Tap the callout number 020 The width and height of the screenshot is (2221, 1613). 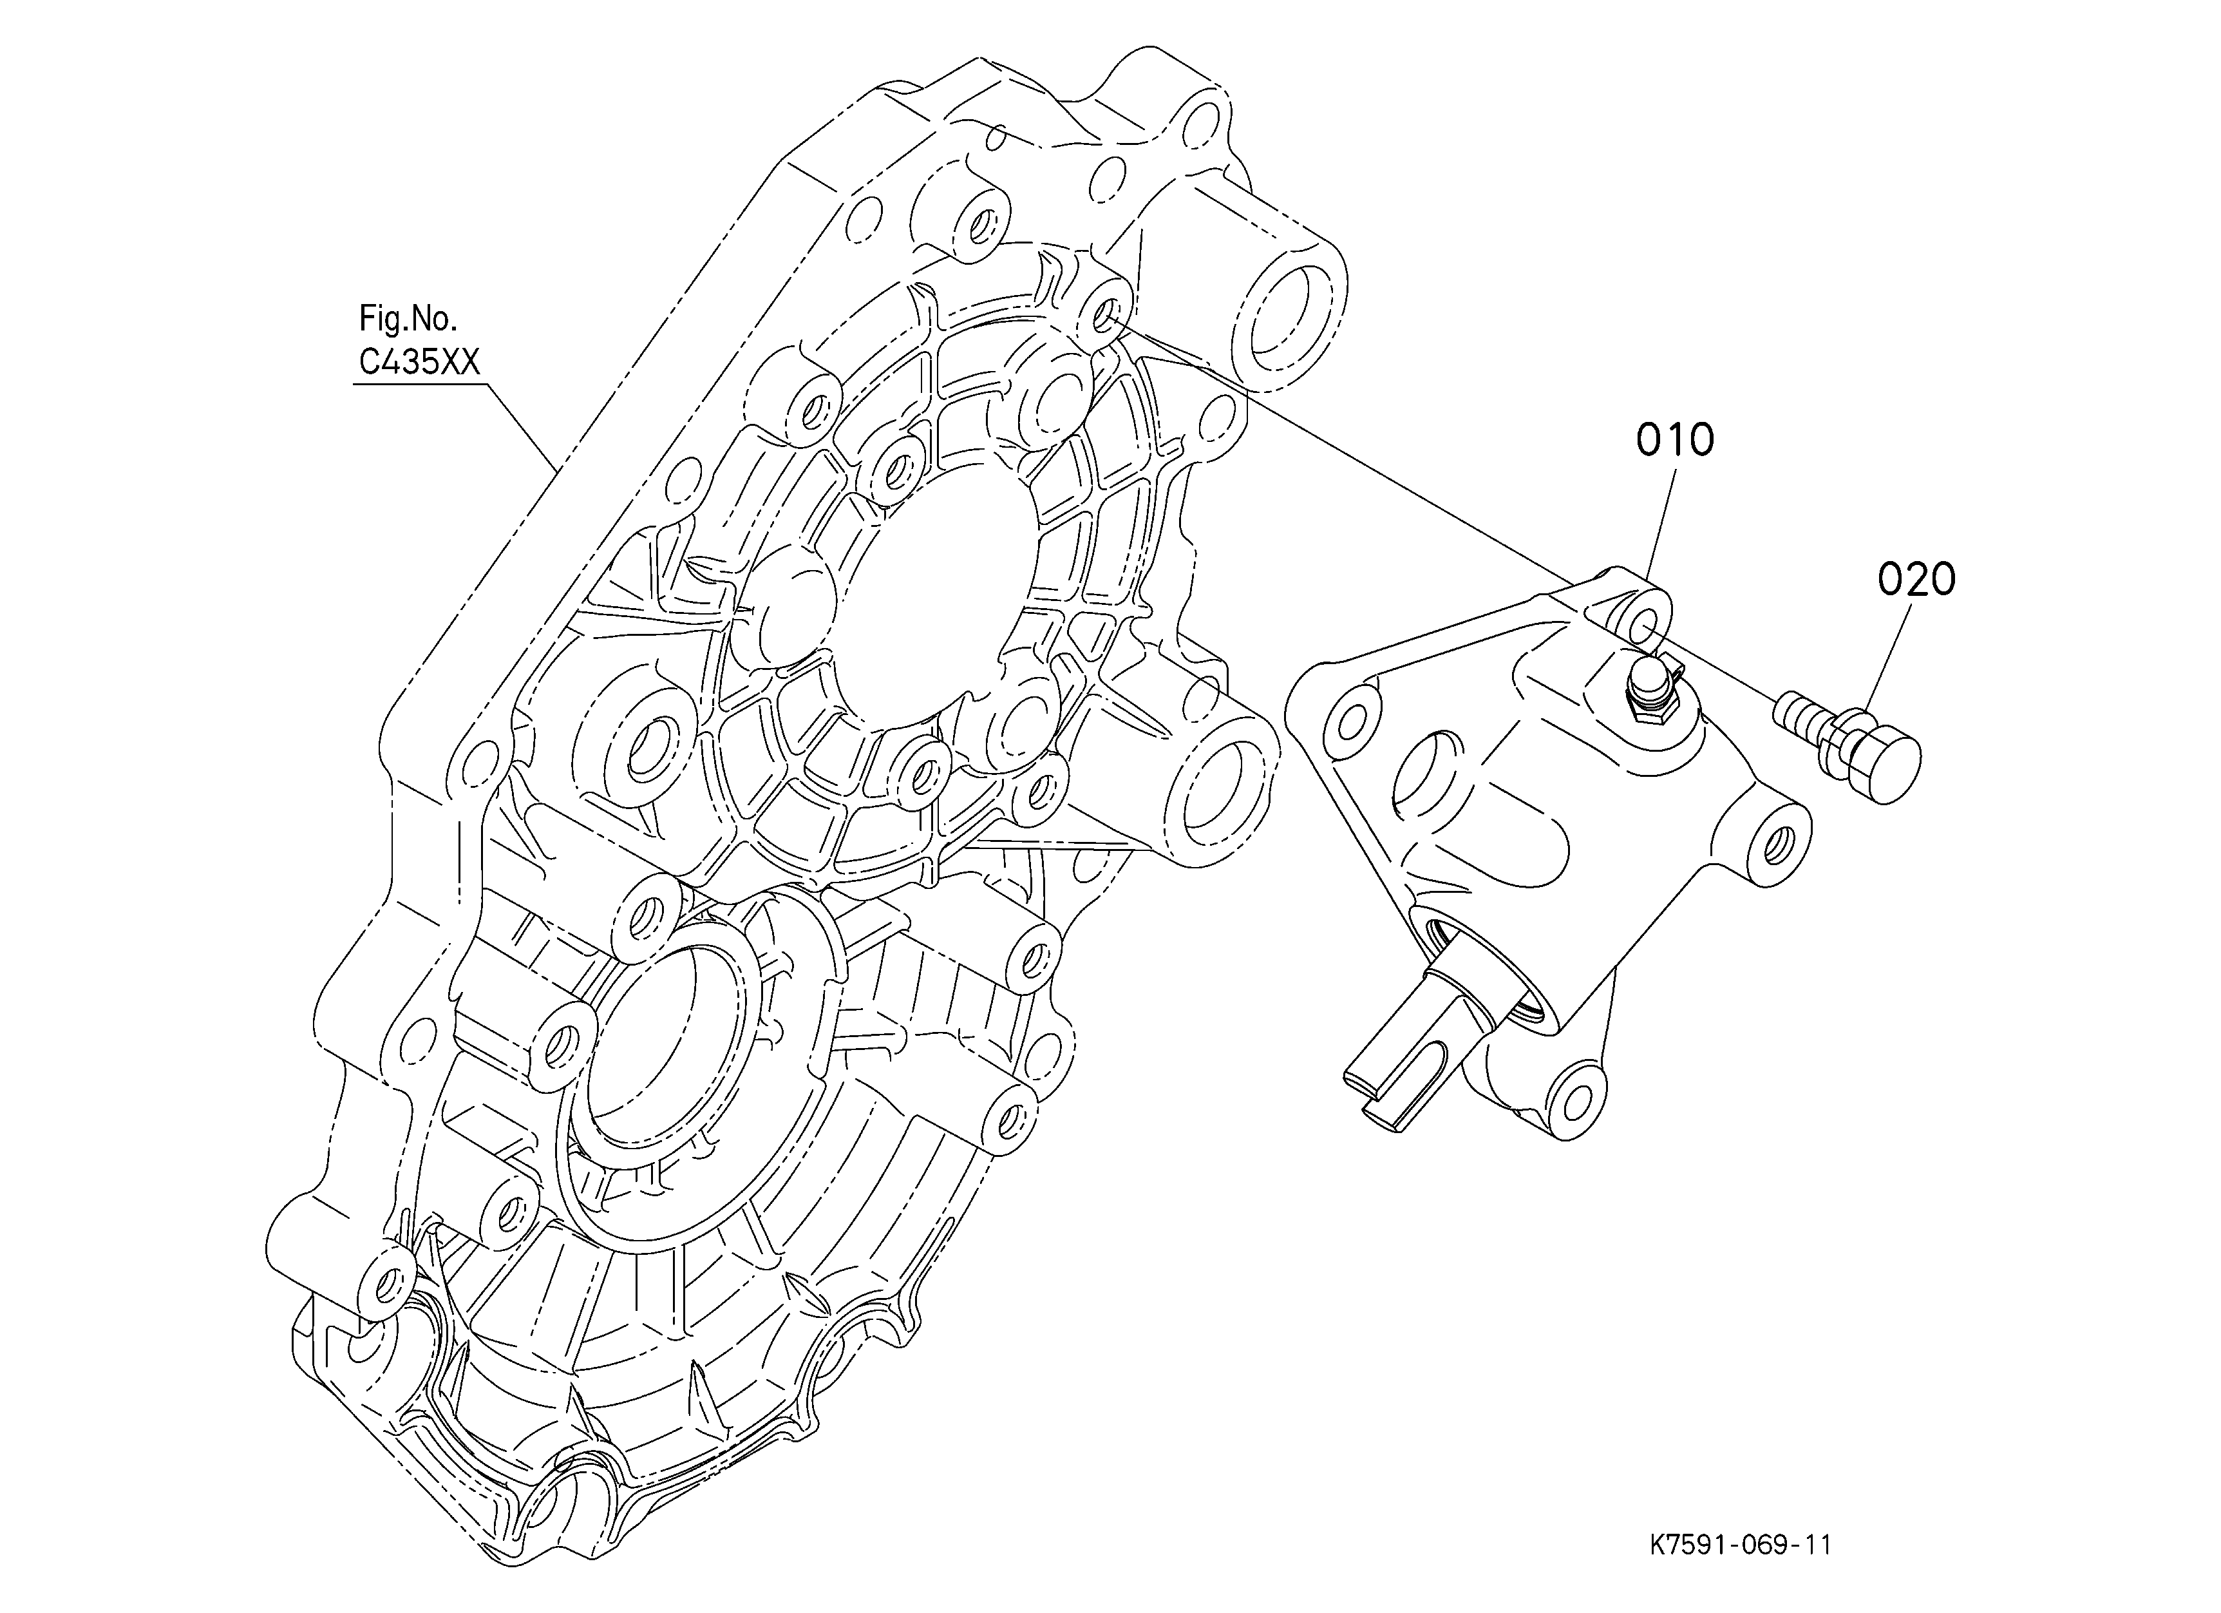pos(1916,580)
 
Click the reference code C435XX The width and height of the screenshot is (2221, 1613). pos(419,363)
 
